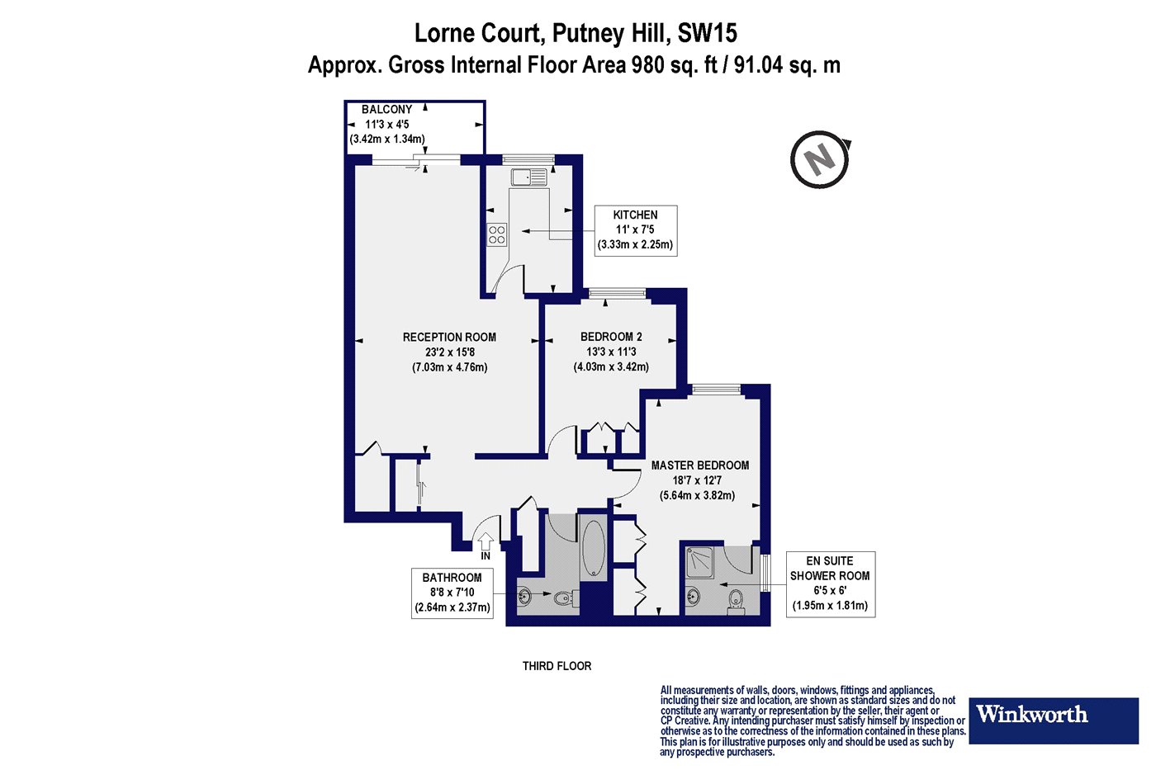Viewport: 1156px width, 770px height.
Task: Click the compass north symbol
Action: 820,159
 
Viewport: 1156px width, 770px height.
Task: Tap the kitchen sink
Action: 529,177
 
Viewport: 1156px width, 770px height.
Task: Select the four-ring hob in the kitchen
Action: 497,234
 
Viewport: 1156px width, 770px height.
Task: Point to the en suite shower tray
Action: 700,562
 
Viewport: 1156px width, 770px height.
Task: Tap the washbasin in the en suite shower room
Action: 693,598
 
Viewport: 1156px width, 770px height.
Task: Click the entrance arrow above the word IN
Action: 486,541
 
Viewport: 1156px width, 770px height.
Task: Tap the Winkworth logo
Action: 1054,721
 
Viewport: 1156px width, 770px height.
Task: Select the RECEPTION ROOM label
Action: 449,338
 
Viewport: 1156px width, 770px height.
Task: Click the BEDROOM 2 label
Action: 611,337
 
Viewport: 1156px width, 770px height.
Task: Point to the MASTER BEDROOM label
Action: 700,465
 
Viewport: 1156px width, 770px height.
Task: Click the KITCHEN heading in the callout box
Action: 635,215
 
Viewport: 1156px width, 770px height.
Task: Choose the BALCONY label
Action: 386,109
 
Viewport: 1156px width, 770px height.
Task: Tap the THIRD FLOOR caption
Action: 557,666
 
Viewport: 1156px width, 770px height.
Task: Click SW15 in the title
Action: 707,34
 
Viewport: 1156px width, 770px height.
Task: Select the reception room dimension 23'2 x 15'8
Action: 449,352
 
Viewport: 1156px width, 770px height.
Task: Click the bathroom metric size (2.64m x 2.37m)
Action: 452,607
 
